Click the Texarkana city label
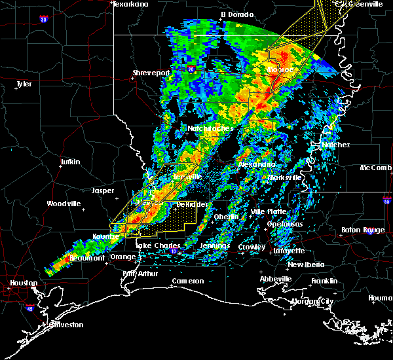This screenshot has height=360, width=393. [x=131, y=4]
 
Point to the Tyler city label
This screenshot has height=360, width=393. [x=24, y=84]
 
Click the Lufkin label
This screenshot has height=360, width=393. [x=69, y=162]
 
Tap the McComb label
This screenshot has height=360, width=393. [x=377, y=168]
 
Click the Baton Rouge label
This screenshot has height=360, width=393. [x=363, y=230]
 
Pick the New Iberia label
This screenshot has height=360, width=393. [x=305, y=264]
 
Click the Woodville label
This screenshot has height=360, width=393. [x=64, y=204]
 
